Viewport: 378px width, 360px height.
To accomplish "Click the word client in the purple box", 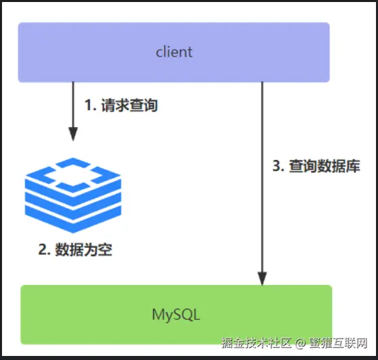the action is point(174,51).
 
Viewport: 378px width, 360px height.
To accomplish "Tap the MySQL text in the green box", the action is point(176,315).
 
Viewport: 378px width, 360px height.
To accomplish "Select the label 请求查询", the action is point(130,105).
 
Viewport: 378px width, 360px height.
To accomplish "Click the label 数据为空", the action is point(84,249).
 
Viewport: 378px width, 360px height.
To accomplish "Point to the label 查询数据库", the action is point(325,166).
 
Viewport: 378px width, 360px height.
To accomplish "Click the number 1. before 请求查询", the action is point(90,105).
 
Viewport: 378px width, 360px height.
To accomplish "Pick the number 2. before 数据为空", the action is point(45,249).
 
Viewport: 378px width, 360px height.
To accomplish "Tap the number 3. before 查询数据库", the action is point(279,166).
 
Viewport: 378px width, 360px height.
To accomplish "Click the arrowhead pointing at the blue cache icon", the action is point(73,134).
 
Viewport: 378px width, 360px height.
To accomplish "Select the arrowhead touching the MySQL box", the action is point(262,278).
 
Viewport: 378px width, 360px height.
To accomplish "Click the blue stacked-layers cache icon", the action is point(73,195).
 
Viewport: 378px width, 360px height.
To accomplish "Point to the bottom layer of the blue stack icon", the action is point(73,219).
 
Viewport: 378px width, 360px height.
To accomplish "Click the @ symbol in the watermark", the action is point(300,343).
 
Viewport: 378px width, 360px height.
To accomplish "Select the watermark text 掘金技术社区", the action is point(256,343).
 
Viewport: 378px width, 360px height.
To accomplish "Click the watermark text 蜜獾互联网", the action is point(338,343).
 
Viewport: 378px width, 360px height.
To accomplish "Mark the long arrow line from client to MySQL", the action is point(262,184).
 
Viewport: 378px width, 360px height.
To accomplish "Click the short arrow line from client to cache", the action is point(73,111).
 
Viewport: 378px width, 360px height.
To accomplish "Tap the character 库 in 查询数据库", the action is point(353,166).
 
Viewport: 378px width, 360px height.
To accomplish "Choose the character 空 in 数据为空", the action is point(105,249).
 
